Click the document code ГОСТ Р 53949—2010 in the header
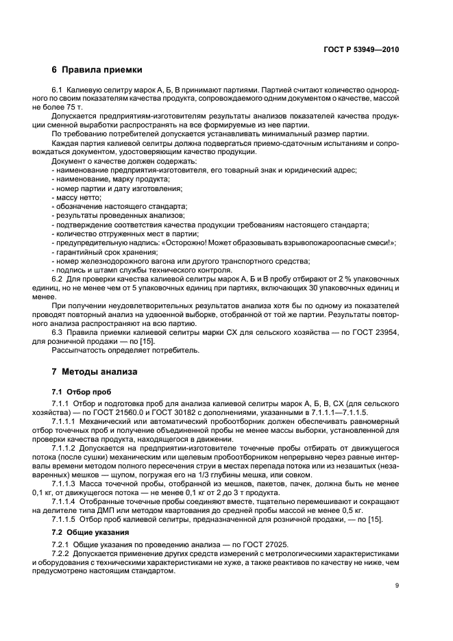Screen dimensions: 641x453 360,49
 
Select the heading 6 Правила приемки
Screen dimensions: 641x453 97,69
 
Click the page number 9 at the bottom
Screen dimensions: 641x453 397,585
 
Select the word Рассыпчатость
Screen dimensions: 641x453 83,350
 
